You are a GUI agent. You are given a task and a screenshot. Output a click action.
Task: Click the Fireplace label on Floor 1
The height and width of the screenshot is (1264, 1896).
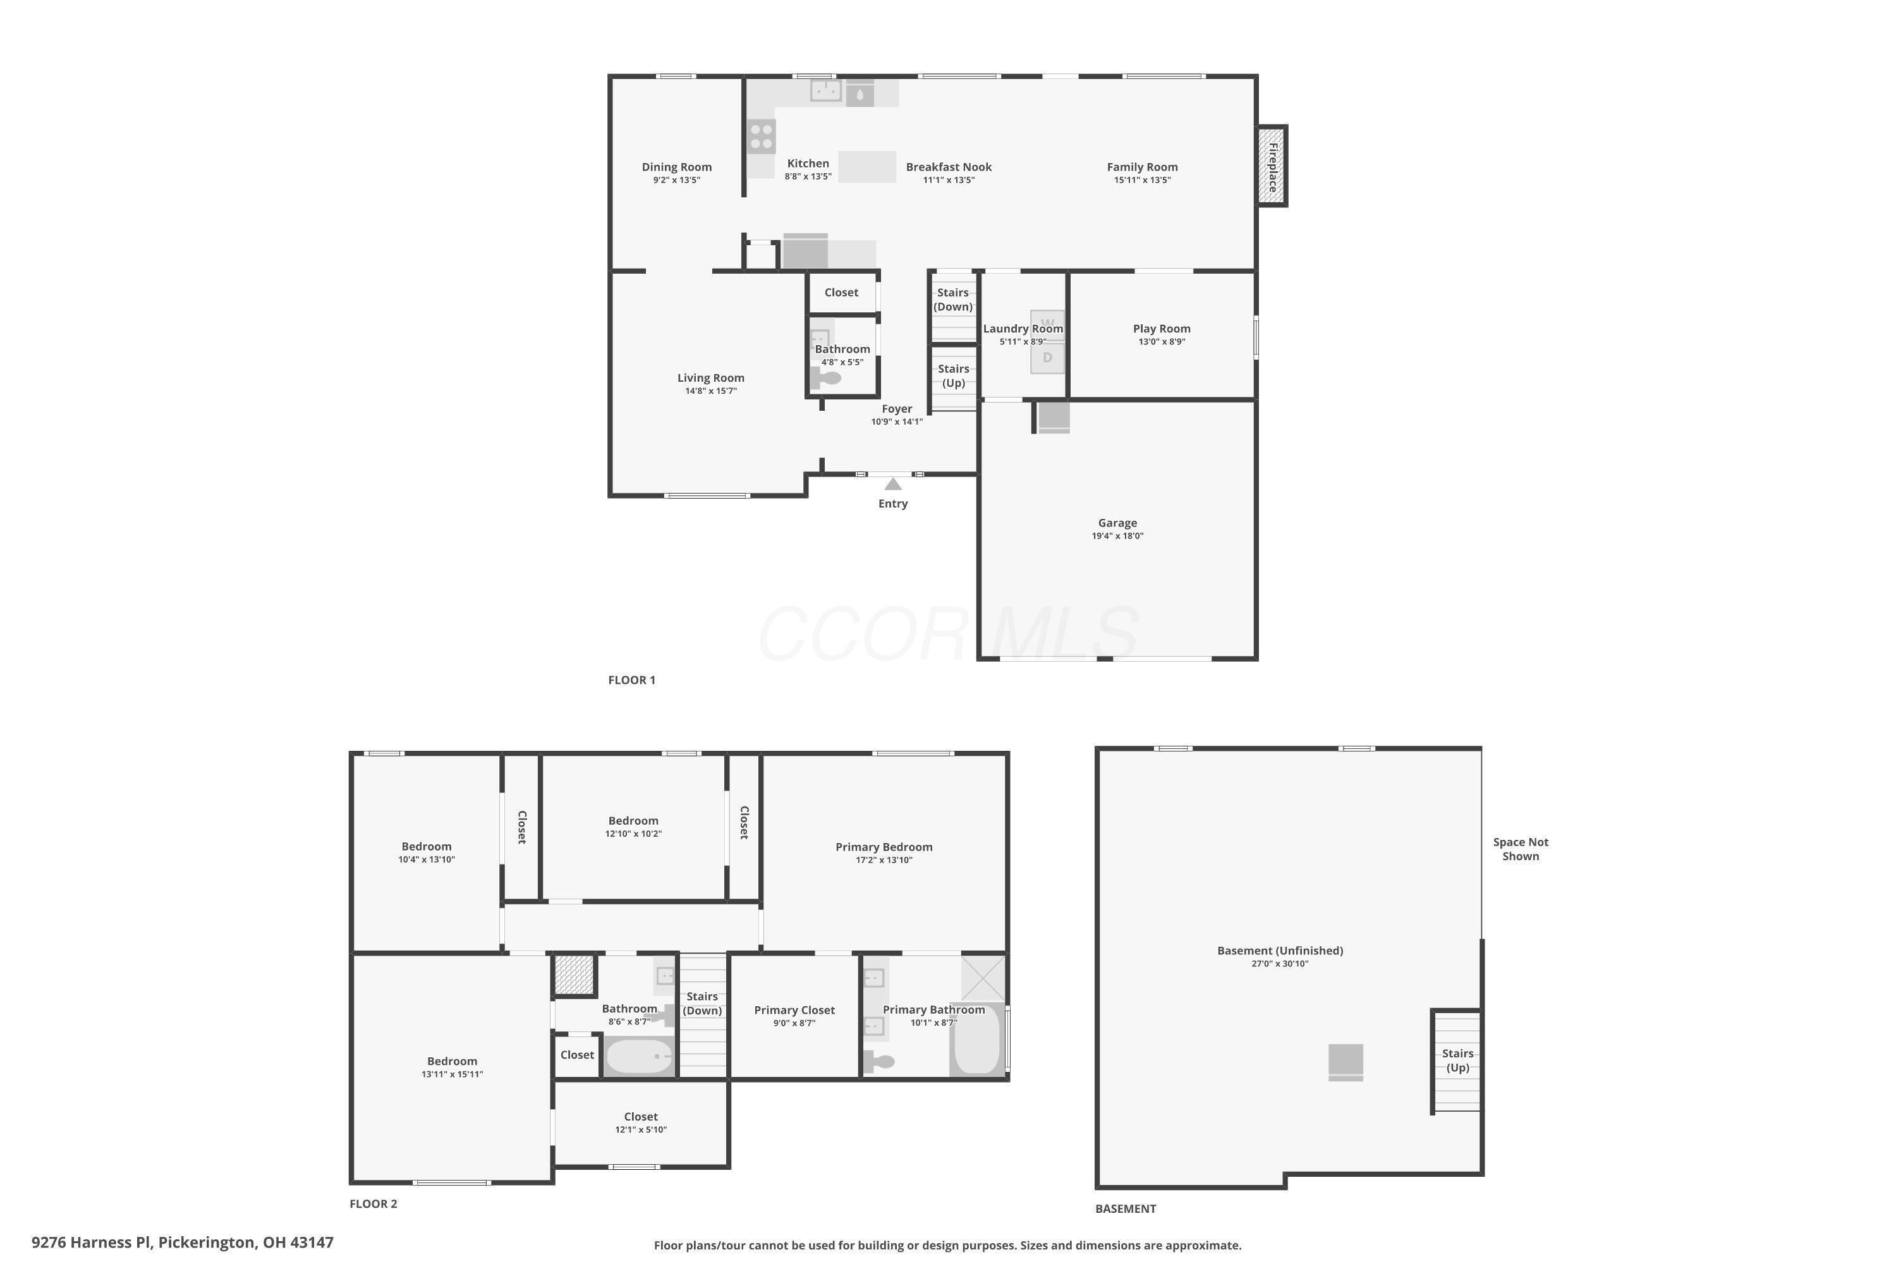point(1273,167)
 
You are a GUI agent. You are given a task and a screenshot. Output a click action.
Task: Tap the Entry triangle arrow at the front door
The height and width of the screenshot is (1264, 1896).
point(892,485)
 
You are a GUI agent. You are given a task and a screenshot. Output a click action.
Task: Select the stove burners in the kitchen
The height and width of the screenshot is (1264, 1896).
point(761,137)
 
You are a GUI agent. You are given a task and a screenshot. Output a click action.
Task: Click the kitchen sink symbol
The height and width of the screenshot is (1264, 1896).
point(825,90)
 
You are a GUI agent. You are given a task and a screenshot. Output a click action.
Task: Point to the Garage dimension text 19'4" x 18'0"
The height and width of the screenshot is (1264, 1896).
point(1117,536)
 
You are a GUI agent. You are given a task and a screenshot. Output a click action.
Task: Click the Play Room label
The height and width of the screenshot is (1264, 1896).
point(1161,328)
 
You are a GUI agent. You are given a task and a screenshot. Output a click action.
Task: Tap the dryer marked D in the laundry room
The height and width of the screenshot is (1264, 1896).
point(1047,358)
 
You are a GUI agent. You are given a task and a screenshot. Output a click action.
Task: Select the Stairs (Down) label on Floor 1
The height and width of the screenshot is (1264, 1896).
point(953,299)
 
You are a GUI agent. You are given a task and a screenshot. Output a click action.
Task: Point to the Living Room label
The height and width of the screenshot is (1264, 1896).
point(710,377)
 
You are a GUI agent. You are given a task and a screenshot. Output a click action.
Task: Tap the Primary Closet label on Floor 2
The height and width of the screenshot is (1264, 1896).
point(794,1010)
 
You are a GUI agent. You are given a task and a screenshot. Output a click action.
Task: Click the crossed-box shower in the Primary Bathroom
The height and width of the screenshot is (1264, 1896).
point(983,977)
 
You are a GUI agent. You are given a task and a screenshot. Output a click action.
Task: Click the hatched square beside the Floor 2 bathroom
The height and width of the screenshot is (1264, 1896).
point(574,975)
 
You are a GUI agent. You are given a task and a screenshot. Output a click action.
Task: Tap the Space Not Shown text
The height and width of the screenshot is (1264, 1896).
point(1521,849)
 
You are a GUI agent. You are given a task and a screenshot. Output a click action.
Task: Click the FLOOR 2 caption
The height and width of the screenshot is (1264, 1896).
point(374,1203)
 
